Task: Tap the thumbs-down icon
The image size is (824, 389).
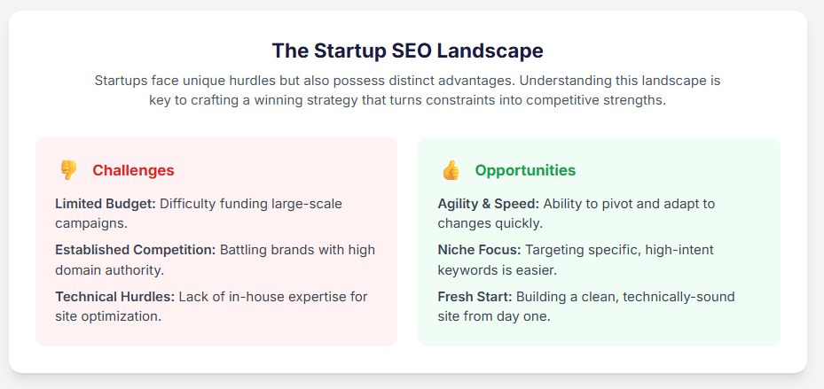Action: point(68,170)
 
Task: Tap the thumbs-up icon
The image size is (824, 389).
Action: point(451,170)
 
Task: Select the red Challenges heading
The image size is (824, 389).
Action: point(133,170)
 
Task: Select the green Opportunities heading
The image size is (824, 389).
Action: point(525,170)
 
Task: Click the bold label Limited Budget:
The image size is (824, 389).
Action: point(105,204)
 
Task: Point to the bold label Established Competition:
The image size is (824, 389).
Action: point(135,250)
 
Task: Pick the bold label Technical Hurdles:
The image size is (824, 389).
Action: point(114,296)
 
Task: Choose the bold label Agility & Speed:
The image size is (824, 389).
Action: point(488,204)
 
